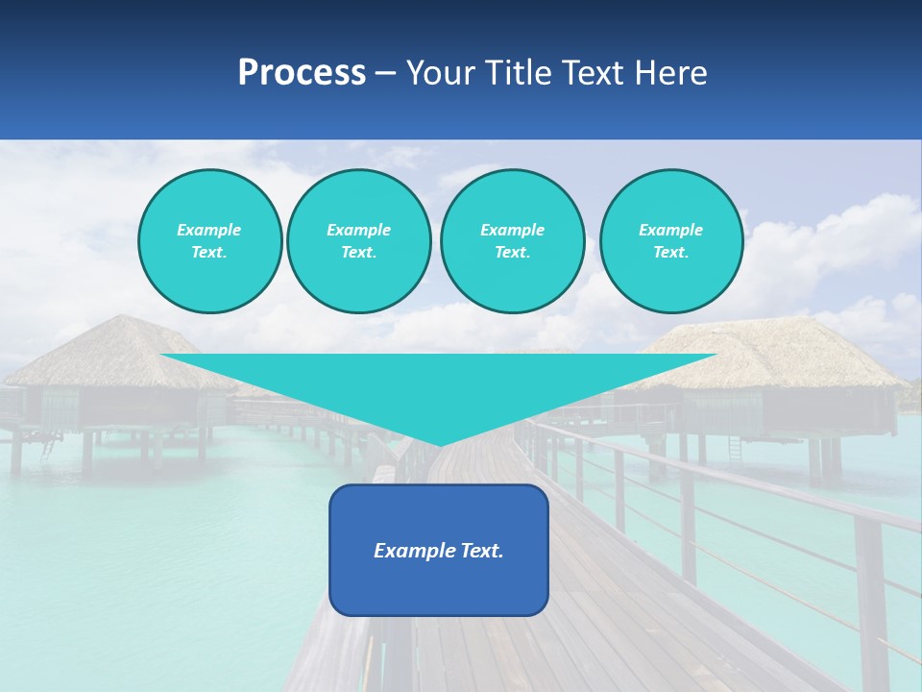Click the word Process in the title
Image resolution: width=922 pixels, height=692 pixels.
pos(302,73)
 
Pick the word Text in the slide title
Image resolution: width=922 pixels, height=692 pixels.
pos(595,73)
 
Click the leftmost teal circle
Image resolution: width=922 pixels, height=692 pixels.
pos(210,241)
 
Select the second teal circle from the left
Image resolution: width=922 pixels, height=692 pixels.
pos(359,241)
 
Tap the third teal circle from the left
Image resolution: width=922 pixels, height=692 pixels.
pos(513,241)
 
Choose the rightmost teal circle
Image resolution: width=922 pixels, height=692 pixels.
pos(671,241)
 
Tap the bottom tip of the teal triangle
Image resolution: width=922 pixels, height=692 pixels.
pos(440,443)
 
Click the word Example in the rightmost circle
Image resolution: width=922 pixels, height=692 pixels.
pos(671,230)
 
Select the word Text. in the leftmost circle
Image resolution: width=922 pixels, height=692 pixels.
pos(209,253)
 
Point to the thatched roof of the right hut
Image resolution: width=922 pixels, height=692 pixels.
pos(768,351)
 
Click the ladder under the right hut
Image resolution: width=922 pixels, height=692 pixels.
pos(735,448)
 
